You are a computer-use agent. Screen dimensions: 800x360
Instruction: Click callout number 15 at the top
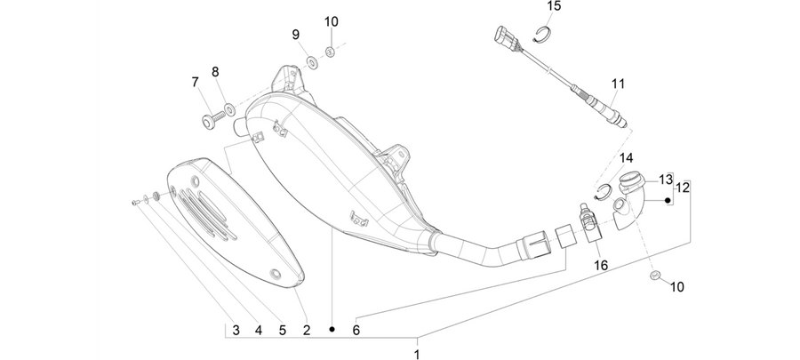(554, 6)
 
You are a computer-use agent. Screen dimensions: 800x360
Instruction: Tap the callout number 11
(618, 84)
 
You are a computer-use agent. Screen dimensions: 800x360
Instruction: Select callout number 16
(601, 265)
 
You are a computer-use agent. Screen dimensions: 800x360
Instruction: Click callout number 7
(195, 82)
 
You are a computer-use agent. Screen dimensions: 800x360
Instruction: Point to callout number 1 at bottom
(417, 355)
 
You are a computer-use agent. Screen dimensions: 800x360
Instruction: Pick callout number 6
(356, 331)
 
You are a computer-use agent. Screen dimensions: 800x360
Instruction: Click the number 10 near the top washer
(332, 22)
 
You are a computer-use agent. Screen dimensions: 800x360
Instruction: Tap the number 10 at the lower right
(676, 287)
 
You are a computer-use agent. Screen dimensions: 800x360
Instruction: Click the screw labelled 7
(213, 120)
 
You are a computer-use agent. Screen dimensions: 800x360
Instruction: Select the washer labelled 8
(230, 108)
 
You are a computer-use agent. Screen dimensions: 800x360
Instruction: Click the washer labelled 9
(311, 62)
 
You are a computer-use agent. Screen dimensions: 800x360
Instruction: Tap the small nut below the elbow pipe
(655, 276)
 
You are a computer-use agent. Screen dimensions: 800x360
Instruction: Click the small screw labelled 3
(135, 203)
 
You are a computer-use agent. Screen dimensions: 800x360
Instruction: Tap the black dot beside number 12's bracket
(667, 201)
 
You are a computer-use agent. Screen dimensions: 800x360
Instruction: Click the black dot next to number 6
(332, 330)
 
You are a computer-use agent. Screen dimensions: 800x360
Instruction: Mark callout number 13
(665, 180)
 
